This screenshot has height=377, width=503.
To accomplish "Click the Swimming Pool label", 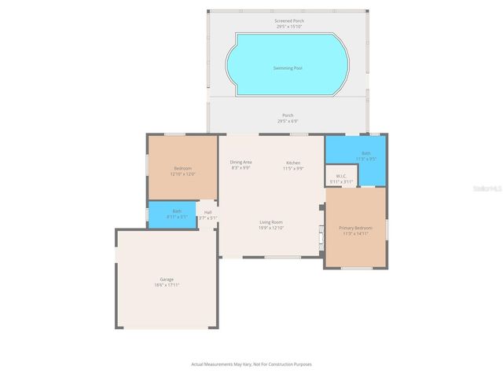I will click(x=288, y=68).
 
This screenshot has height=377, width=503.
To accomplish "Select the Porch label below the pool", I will click(x=288, y=115).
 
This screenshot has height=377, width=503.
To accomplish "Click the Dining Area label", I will click(x=240, y=162).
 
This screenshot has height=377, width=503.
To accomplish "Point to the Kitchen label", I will click(x=293, y=162).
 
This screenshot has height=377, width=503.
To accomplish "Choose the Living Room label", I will click(x=271, y=222).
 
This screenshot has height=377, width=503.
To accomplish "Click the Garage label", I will click(x=167, y=279).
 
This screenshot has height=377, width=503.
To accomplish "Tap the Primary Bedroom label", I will click(x=355, y=228).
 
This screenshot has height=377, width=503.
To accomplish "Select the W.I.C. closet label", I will click(x=341, y=176).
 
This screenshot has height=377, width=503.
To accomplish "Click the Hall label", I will click(x=208, y=212).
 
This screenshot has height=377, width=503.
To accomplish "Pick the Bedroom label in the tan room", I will click(x=182, y=168).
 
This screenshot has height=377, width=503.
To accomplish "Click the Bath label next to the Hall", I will click(x=178, y=210).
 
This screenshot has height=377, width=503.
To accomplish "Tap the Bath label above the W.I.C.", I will click(x=366, y=153).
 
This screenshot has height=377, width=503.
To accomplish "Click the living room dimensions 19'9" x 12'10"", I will click(x=271, y=228).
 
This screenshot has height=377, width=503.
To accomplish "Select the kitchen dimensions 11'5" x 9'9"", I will click(x=293, y=167).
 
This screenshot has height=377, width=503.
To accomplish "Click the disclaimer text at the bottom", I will click(x=251, y=364).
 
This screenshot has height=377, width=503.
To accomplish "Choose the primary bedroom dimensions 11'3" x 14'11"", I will click(x=355, y=233).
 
